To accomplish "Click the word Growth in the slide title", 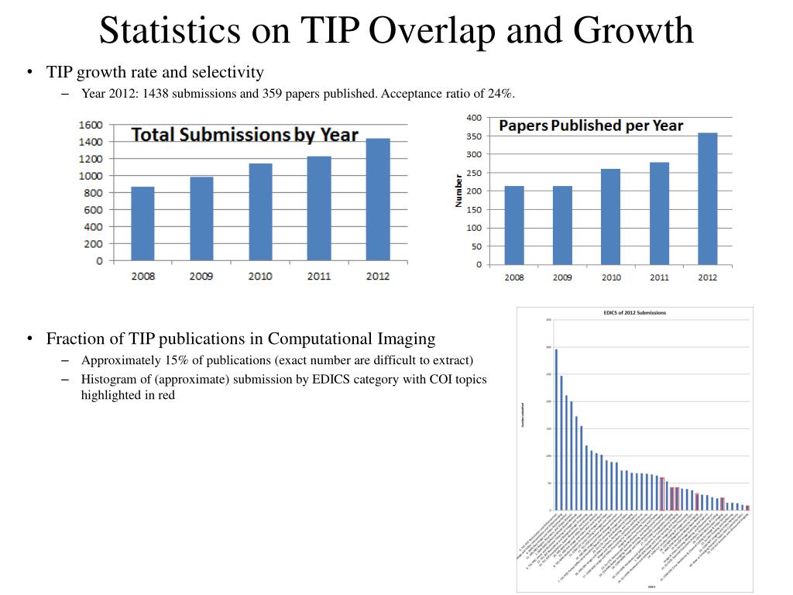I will click(x=633, y=31).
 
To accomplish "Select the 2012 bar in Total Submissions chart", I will click(x=377, y=199).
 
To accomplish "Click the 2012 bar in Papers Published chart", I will click(x=707, y=199).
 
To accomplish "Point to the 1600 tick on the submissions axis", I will click(x=91, y=125).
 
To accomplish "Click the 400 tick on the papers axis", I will click(x=474, y=118).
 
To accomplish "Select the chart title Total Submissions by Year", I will click(x=245, y=135).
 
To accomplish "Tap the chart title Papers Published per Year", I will click(x=591, y=126).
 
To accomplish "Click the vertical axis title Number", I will click(x=458, y=191).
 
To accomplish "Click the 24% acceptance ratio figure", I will click(x=500, y=94).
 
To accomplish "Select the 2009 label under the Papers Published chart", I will click(x=562, y=277).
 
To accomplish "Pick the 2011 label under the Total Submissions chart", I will click(x=318, y=276).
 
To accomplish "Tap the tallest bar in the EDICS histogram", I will click(x=556, y=429).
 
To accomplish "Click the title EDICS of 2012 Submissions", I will click(x=634, y=313).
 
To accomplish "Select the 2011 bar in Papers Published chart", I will click(x=659, y=213).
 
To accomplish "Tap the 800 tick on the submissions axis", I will click(x=94, y=193).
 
